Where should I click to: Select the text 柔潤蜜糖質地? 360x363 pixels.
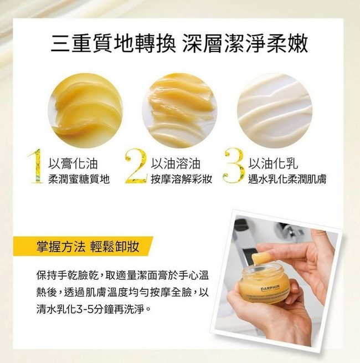(x=81, y=178)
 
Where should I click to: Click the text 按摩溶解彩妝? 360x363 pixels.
(x=182, y=178)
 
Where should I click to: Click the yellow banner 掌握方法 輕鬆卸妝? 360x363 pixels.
(x=83, y=247)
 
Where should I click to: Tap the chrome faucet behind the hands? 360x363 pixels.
(x=288, y=233)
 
